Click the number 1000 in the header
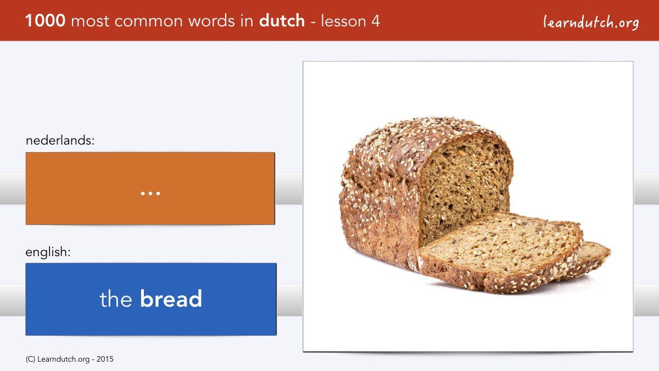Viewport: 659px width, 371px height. point(45,21)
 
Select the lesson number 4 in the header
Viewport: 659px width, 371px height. point(376,21)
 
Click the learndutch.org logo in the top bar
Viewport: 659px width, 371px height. point(591,23)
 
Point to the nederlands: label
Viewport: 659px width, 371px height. point(60,140)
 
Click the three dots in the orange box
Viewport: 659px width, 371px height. point(150,193)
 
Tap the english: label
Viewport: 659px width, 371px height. point(48,252)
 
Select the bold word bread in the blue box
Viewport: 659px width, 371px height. point(171,298)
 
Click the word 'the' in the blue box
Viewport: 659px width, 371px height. point(116,298)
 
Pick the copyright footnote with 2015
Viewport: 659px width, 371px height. point(69,359)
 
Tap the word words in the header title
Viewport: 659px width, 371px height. point(212,21)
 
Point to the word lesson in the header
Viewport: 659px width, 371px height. point(343,21)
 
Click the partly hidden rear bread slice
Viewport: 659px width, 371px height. point(594,256)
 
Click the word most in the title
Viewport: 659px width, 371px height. point(90,21)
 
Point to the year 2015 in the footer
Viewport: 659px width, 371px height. point(105,359)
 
